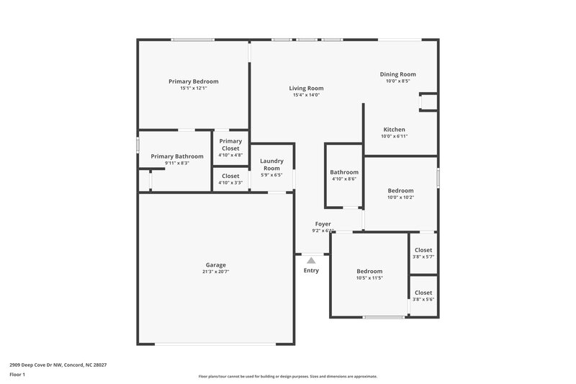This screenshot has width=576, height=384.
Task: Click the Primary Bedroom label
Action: pyautogui.click(x=193, y=81)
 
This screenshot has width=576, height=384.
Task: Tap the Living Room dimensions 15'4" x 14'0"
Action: pyautogui.click(x=306, y=95)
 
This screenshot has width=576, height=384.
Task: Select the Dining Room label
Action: pyautogui.click(x=398, y=74)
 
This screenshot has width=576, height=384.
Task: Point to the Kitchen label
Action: pyautogui.click(x=394, y=130)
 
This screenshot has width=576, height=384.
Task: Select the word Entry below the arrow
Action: pyautogui.click(x=311, y=271)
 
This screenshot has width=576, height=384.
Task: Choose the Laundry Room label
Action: pyautogui.click(x=271, y=164)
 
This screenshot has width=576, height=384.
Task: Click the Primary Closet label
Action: pyautogui.click(x=230, y=145)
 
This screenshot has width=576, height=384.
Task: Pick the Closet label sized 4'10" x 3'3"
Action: pyautogui.click(x=230, y=176)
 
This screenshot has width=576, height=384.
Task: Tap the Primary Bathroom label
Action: pyautogui.click(x=176, y=156)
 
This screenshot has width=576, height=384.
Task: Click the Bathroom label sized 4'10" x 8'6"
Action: pyautogui.click(x=344, y=172)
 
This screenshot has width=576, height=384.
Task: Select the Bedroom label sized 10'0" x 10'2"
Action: pyautogui.click(x=401, y=190)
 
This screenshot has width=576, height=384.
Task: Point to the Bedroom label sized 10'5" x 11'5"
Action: pyautogui.click(x=369, y=271)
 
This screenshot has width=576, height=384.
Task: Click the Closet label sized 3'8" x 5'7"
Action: pyautogui.click(x=423, y=250)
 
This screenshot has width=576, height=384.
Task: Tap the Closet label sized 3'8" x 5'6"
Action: pyautogui.click(x=423, y=293)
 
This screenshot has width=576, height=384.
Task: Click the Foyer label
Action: pyautogui.click(x=323, y=224)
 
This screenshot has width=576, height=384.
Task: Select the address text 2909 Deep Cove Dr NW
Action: pyautogui.click(x=40, y=365)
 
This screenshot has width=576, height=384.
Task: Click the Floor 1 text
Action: pyautogui.click(x=17, y=375)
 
